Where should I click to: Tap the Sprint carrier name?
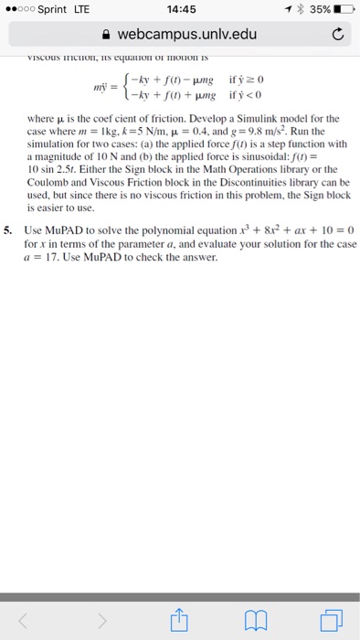coord(56,9)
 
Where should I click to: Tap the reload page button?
coord(335,35)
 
